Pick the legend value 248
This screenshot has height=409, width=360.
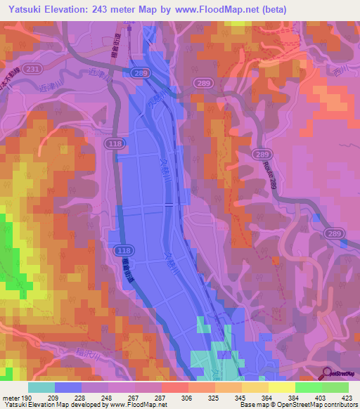[x=105, y=398]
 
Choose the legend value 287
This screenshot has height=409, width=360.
[x=160, y=398]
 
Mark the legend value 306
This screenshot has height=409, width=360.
[x=188, y=398]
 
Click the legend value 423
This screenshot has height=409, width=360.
[x=348, y=398]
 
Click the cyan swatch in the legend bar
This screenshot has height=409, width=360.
[x=41, y=387]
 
